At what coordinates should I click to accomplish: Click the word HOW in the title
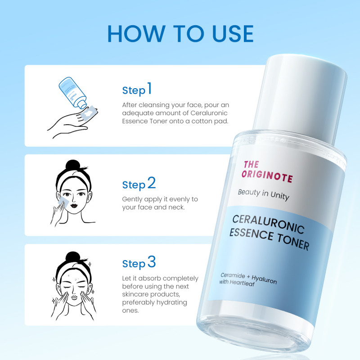(136, 34)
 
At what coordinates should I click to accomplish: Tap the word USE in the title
(233, 34)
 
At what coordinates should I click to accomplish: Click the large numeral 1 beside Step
(149, 88)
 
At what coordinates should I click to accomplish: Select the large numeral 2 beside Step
(152, 183)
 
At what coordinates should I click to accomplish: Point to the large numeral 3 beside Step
(152, 262)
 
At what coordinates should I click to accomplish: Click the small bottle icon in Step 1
(72, 93)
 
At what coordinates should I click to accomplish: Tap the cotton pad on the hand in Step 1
(90, 113)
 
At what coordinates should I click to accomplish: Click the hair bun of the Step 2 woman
(72, 165)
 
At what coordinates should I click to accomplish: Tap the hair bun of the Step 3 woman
(72, 257)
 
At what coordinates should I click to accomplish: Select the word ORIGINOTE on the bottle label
(267, 176)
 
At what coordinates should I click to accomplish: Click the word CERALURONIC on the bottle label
(268, 224)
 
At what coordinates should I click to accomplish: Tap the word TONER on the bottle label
(293, 241)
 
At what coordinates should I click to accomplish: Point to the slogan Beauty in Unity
(264, 195)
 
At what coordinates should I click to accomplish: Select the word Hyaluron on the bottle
(264, 279)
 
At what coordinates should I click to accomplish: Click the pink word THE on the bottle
(251, 164)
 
